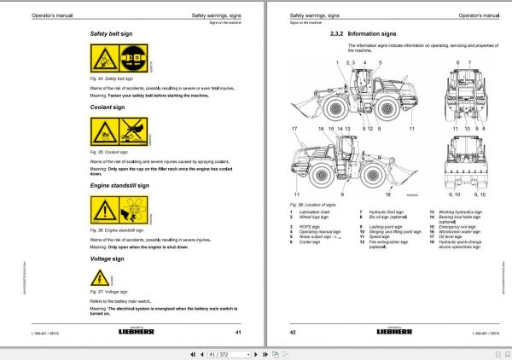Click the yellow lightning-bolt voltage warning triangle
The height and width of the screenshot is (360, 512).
(100, 276)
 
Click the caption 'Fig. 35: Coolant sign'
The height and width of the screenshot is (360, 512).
(110, 149)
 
